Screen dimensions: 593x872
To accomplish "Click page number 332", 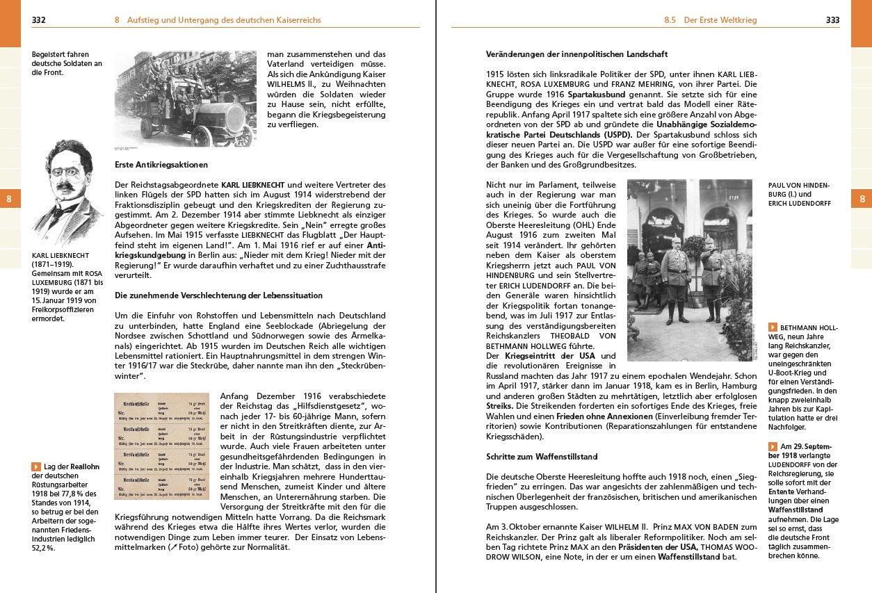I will tap(38, 20).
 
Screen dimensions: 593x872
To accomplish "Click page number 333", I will tap(832, 20).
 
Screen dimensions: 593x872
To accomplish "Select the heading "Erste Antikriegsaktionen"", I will tap(161, 165).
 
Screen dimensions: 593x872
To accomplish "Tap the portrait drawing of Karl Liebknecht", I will tap(67, 193).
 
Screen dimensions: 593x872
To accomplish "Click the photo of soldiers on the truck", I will tap(185, 98).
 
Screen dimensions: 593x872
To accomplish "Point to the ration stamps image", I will tap(161, 446).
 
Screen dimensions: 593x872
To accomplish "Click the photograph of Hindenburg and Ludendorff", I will tap(690, 270).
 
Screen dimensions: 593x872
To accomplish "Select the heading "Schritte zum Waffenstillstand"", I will tap(542, 457).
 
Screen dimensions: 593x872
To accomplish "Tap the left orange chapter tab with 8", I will tap(10, 199).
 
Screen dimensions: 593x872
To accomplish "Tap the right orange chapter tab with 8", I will tap(862, 199).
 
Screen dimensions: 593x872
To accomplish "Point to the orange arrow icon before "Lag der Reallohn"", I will tap(35, 466).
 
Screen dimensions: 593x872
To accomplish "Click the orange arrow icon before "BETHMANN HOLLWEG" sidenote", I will tap(773, 327).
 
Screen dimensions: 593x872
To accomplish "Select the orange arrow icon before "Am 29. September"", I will tap(773, 446).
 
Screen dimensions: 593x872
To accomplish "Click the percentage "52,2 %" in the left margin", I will tap(43, 548).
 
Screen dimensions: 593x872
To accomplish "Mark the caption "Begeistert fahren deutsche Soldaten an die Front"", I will tap(67, 63).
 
